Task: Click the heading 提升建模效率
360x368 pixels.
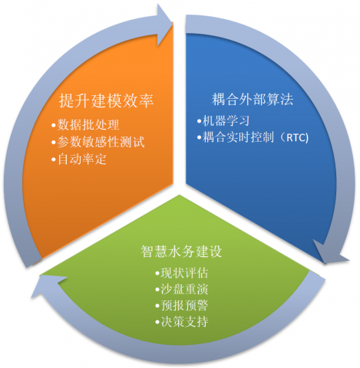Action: coord(106,100)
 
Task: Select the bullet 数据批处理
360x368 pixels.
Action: coord(85,125)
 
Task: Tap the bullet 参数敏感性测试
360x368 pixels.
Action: coord(98,142)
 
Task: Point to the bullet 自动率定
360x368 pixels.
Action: coord(79,159)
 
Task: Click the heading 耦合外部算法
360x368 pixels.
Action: coord(253,99)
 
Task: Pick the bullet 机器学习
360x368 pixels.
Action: coord(223,121)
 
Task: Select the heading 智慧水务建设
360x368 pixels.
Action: coord(181,251)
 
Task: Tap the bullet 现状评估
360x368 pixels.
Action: coord(182,273)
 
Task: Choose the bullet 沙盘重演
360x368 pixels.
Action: coord(182,289)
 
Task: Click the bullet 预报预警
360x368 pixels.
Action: coord(182,305)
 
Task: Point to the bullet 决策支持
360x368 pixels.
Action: coord(182,322)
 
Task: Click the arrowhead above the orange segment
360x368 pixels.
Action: coord(163,25)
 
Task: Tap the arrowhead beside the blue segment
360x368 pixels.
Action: coord(330,252)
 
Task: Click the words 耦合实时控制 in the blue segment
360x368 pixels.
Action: coord(239,137)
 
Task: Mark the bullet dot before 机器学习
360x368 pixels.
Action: coord(199,121)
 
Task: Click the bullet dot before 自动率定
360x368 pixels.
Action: coord(53,159)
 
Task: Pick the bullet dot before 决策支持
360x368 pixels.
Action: coord(157,322)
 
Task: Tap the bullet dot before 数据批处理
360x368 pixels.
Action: coord(53,125)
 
